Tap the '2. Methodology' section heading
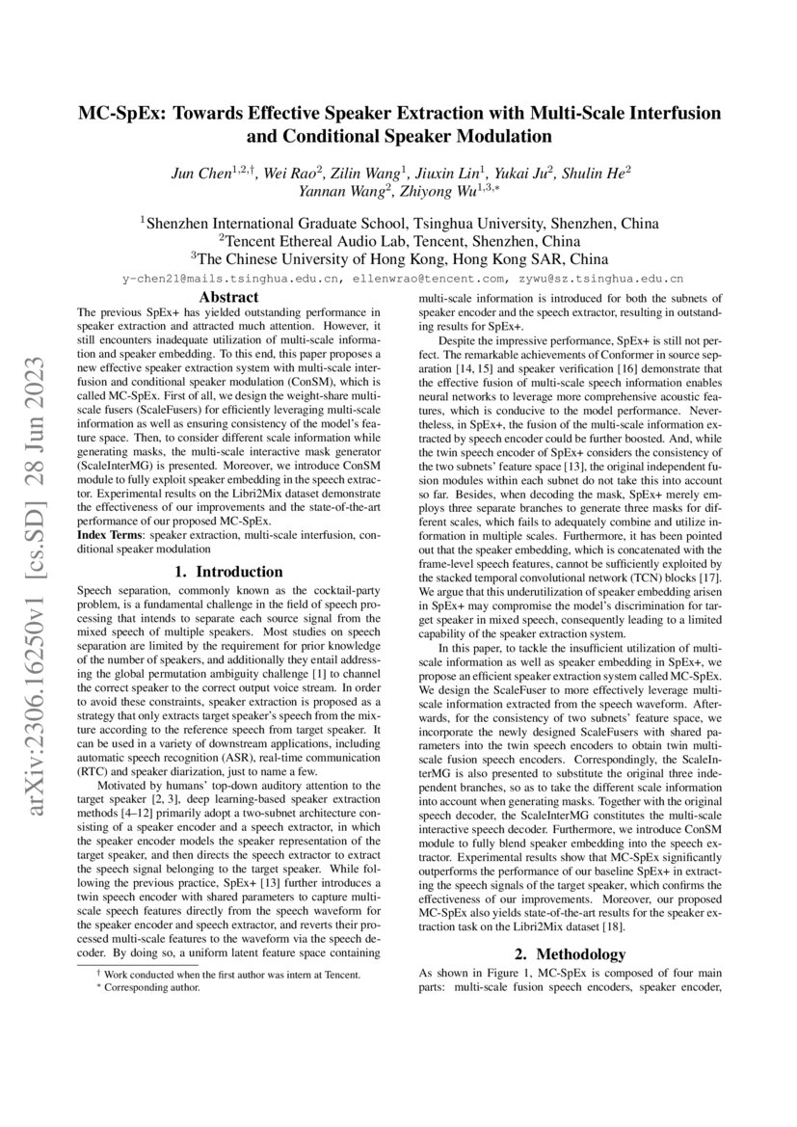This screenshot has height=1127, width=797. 569,954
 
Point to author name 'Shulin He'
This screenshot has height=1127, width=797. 598,174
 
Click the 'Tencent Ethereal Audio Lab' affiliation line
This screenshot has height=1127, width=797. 399,240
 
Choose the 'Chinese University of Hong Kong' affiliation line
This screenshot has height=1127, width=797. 399,259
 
